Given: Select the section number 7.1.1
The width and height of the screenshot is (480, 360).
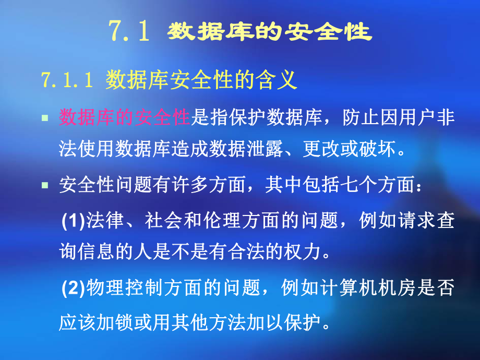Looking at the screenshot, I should pyautogui.click(x=67, y=80).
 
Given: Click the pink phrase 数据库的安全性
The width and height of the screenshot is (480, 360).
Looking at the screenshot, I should pyautogui.click(x=124, y=118).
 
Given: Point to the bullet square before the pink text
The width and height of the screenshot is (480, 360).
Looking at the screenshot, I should pyautogui.click(x=45, y=119).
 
